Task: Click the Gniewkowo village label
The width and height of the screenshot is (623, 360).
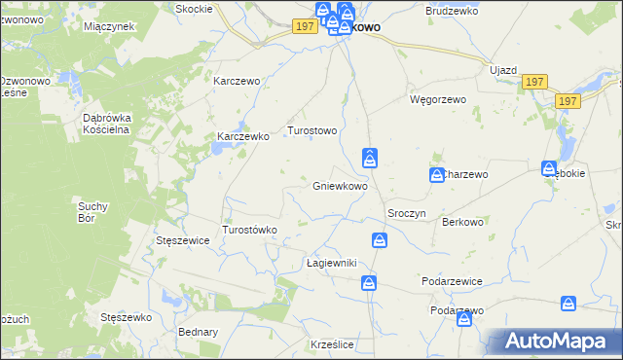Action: [x=340, y=186]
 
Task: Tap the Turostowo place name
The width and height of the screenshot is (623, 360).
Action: [x=311, y=130]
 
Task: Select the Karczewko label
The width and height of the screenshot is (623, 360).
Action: [x=242, y=137]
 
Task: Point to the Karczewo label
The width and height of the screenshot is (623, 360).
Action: [x=238, y=82]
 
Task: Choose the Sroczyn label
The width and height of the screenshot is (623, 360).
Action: [x=407, y=213]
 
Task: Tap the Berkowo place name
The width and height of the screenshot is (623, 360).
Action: [x=462, y=223]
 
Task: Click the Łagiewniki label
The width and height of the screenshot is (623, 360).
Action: [x=333, y=264]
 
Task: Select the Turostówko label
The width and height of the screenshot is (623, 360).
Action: [x=251, y=230]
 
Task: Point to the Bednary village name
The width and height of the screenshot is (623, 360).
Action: [x=199, y=332]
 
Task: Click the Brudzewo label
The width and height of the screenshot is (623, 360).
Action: [x=449, y=11]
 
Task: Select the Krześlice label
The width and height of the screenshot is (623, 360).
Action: [x=331, y=345]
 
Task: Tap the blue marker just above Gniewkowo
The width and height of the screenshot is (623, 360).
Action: [x=370, y=157]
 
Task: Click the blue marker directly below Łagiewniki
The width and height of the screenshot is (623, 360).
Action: [x=369, y=283]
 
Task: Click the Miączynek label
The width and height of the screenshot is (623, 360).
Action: [x=109, y=26]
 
